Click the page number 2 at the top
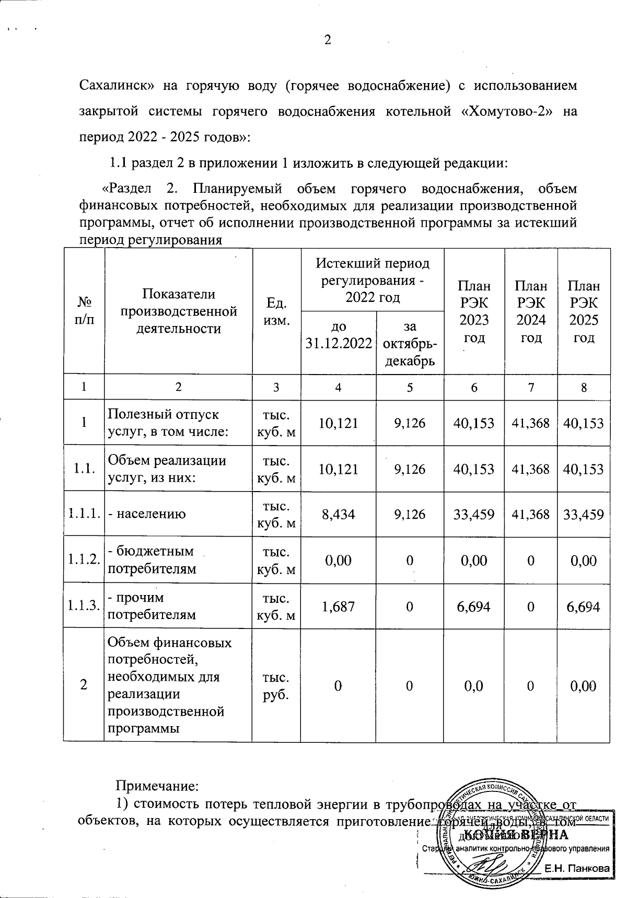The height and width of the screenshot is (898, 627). click(x=328, y=40)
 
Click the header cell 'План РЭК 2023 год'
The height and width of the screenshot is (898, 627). click(x=474, y=311)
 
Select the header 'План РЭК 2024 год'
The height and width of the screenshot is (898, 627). click(x=531, y=311)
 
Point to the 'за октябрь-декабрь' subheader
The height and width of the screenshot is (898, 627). click(x=410, y=343)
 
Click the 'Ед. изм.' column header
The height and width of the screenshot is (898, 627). click(x=276, y=311)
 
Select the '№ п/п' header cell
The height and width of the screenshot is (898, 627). click(x=84, y=311)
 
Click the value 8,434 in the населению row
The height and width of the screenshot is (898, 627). click(x=339, y=515)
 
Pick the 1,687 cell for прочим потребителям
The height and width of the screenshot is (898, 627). click(x=339, y=607)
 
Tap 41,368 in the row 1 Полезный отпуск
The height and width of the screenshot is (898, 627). click(x=531, y=423)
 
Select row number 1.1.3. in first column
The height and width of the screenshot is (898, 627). click(x=84, y=607)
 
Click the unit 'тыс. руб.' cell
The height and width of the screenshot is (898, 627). click(x=276, y=686)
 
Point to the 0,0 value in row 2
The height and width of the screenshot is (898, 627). click(x=473, y=686)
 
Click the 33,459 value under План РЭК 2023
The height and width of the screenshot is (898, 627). click(x=474, y=515)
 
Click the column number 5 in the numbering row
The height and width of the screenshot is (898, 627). click(x=410, y=388)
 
